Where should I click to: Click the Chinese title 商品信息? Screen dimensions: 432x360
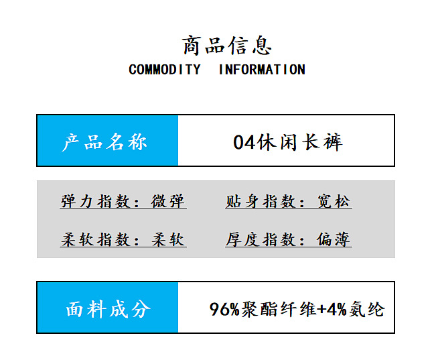coord(227,46)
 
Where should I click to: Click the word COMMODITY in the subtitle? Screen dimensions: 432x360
coord(164,70)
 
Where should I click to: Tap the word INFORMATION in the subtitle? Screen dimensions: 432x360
coord(262,70)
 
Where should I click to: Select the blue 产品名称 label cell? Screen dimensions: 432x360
coord(107,141)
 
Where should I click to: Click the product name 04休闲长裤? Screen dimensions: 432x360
coord(287,142)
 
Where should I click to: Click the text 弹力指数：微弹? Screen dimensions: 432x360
coord(123,201)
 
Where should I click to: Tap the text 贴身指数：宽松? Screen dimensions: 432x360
coord(288,201)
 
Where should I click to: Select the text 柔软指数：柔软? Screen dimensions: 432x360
coord(123,239)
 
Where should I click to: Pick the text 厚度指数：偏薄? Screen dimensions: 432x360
coord(288,239)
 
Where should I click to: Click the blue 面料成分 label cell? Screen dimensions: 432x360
coord(107,308)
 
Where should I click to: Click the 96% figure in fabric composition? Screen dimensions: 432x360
coord(224,310)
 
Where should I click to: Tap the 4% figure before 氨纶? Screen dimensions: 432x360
coord(338,310)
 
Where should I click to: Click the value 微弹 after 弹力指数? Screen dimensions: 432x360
coord(169,201)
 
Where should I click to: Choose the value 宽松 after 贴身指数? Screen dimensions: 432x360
coord(334,201)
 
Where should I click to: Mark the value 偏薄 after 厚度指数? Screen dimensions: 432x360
coord(334,239)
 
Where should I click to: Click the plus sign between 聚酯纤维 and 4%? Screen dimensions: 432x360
coord(322,310)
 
